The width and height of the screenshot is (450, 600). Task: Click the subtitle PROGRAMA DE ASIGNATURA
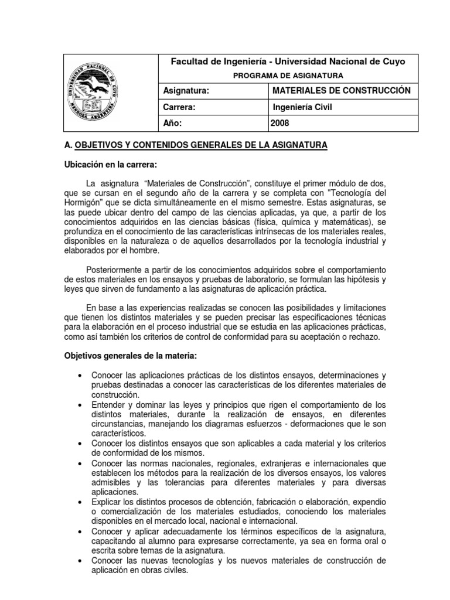pos(289,75)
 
